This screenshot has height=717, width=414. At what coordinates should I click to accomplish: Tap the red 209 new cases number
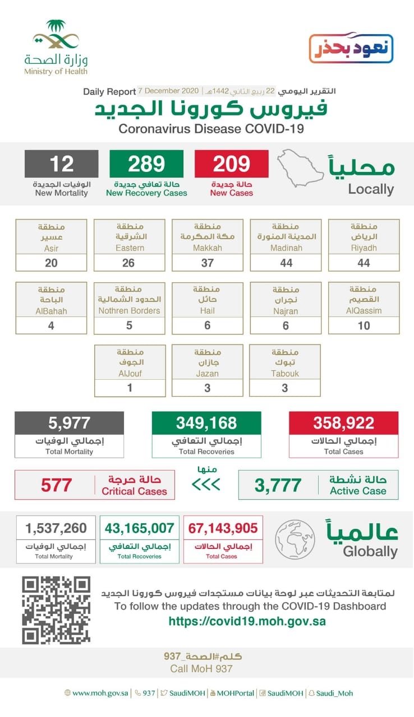click(231, 164)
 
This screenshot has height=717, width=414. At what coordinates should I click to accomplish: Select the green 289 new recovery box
click(146, 164)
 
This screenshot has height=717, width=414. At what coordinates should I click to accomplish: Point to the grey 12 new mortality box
click(61, 164)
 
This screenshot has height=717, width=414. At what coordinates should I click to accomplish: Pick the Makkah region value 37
click(208, 263)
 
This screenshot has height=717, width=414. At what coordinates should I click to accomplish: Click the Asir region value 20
click(52, 263)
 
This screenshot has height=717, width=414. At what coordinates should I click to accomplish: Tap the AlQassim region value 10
click(364, 325)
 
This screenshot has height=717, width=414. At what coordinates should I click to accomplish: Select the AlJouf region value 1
click(130, 388)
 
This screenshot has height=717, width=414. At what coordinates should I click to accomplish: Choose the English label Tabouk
click(285, 373)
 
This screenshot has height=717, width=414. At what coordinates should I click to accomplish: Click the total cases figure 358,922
click(343, 423)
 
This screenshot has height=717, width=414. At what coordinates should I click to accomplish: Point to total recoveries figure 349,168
click(206, 423)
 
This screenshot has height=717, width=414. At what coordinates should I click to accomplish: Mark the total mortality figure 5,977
click(69, 423)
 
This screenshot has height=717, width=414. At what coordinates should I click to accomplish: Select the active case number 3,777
click(278, 485)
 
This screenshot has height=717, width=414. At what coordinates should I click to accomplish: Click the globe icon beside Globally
click(295, 539)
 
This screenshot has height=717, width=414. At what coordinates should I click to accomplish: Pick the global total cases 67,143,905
click(223, 528)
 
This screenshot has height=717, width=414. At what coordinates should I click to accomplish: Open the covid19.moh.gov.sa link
click(247, 621)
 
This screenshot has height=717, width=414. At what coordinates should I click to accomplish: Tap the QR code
click(56, 610)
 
